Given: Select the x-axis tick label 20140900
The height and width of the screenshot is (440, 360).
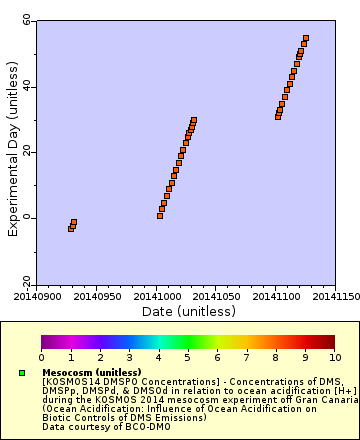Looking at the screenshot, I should [x=36, y=296].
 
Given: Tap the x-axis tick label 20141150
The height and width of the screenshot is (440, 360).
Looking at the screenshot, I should [x=334, y=296].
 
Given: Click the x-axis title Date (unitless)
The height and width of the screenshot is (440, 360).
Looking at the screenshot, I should [x=189, y=311].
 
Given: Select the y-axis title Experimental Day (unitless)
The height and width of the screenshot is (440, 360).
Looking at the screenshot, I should [x=13, y=152].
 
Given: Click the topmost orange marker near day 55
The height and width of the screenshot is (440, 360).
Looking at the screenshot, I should [x=305, y=38].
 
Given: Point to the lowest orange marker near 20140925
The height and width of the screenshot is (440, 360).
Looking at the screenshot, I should [x=71, y=229].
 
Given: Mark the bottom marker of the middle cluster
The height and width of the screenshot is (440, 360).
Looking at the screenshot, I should [x=160, y=215].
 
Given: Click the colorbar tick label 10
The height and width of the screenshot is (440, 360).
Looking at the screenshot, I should [x=334, y=357].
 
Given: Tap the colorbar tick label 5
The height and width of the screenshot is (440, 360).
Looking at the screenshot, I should [x=187, y=357].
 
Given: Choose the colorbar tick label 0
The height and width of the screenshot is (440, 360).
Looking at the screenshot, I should [x=42, y=357].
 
